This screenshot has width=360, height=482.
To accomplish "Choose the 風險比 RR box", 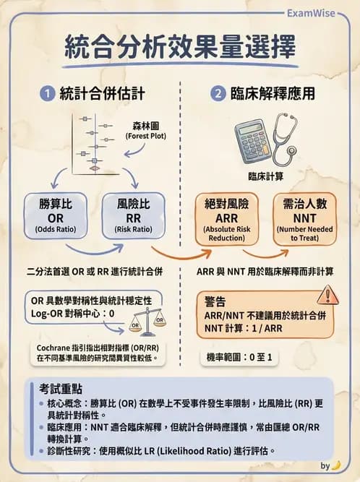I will [131, 215].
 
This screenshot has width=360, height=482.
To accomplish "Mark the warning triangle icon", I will [327, 296].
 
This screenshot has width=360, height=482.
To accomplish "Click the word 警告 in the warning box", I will [216, 299].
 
